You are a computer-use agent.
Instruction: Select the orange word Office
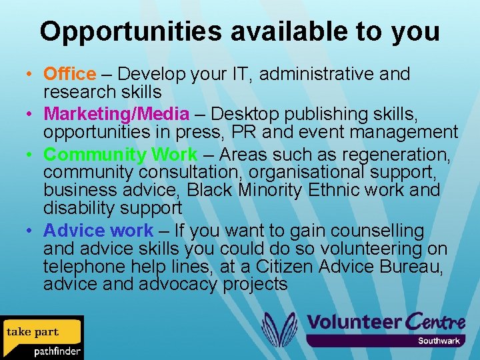point(69,74)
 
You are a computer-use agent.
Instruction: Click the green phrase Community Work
point(121,155)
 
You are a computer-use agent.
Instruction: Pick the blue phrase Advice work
point(98,231)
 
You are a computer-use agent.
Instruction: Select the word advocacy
point(177,285)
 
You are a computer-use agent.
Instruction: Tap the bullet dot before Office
point(31,75)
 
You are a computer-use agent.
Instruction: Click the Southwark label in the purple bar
point(439,341)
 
